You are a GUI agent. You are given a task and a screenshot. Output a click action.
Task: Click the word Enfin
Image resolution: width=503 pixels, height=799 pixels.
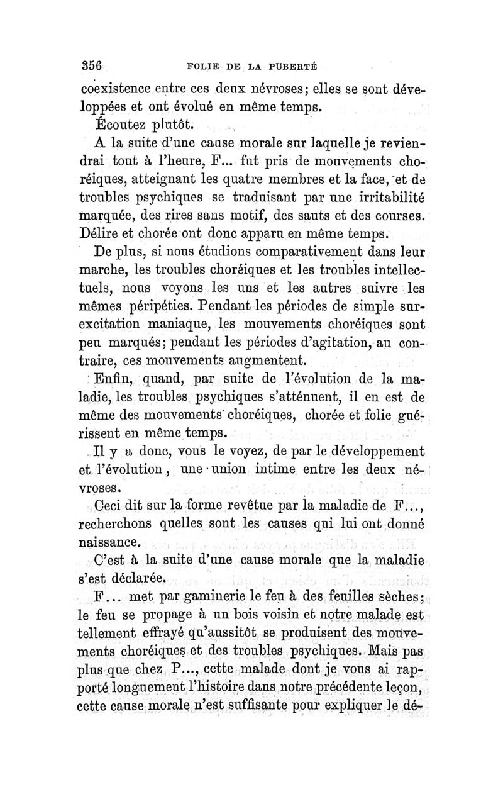[x=113, y=380]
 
